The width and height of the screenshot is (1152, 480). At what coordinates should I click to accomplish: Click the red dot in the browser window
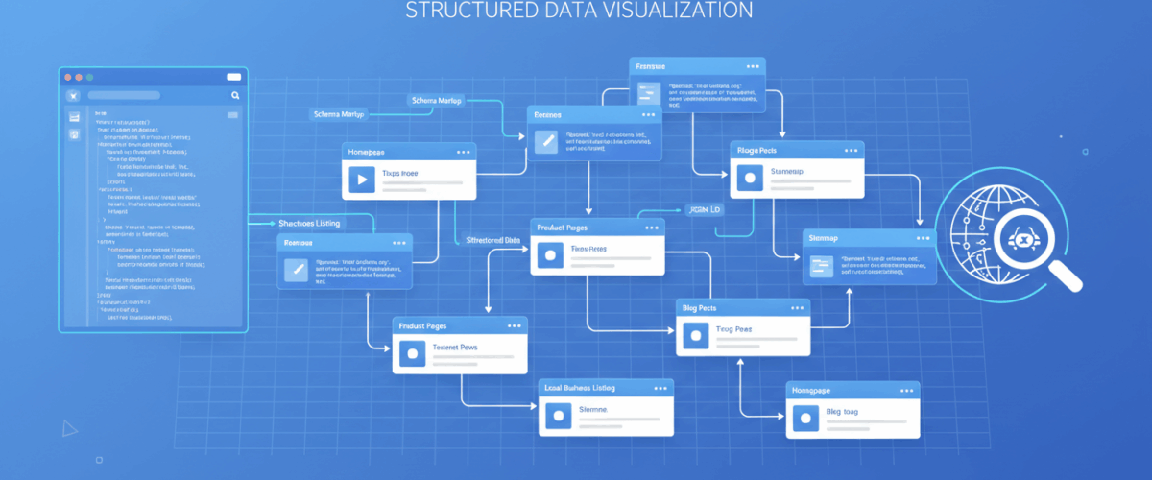[x=67, y=77]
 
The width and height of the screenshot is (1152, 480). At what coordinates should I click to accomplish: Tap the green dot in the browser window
[x=90, y=77]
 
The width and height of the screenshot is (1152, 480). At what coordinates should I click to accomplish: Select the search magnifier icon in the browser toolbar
[x=235, y=96]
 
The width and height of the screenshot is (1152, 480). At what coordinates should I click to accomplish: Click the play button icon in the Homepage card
[x=361, y=179]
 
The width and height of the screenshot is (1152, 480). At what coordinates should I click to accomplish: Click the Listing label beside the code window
[x=309, y=223]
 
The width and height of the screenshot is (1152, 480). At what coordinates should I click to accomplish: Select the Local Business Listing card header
[x=580, y=387]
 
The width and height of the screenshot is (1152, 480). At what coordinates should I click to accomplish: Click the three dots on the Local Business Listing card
[x=656, y=387]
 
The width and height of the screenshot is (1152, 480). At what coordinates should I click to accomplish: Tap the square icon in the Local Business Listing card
[x=557, y=416]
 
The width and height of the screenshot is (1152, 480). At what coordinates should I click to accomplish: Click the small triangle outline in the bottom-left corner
[x=69, y=428]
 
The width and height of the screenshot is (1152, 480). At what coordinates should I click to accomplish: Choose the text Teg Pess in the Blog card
[x=733, y=329]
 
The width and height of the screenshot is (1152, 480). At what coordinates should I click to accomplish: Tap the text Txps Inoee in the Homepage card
[x=407, y=174]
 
